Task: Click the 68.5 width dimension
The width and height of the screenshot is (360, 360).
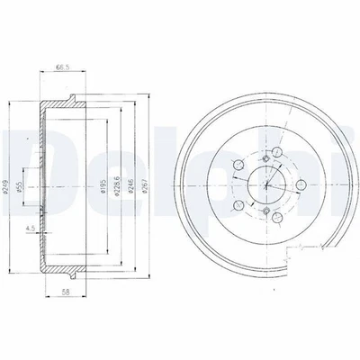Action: point(62,66)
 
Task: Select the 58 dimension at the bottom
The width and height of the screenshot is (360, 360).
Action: point(58,293)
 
